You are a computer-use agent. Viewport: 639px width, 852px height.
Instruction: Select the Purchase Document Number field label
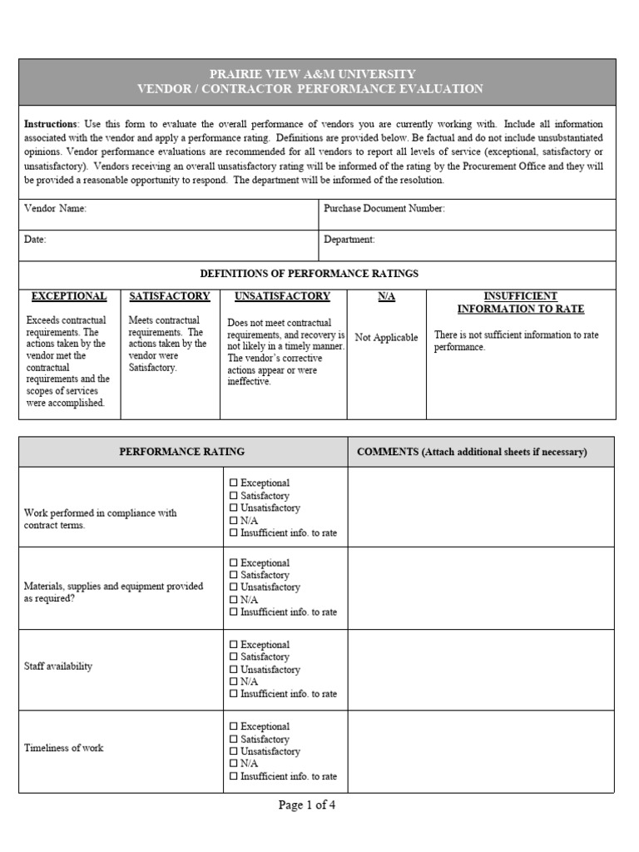tap(384, 209)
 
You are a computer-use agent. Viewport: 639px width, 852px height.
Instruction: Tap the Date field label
tap(36, 240)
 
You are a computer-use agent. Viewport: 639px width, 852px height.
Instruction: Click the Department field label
tap(349, 240)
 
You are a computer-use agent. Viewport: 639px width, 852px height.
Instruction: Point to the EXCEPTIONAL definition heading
tap(69, 296)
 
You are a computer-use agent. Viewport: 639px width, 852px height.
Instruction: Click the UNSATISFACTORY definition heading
tap(282, 296)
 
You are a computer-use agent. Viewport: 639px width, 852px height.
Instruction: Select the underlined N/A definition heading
tap(386, 296)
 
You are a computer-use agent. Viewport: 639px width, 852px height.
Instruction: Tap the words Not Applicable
tap(386, 338)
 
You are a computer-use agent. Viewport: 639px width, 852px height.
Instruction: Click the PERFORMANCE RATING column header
tap(182, 452)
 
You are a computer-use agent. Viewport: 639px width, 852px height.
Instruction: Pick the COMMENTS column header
tap(472, 452)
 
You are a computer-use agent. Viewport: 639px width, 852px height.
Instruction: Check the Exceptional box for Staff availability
tap(234, 645)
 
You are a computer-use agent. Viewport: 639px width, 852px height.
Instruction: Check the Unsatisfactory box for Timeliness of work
tap(234, 751)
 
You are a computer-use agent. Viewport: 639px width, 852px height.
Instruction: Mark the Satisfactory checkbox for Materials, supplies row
tap(234, 575)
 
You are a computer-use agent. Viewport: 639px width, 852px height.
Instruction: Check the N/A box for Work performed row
tap(234, 520)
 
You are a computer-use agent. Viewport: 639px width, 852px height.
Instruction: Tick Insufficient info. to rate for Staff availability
tap(234, 694)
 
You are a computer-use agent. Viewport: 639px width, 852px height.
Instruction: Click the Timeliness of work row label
tap(64, 748)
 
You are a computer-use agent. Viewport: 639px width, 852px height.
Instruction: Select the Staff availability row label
tap(59, 666)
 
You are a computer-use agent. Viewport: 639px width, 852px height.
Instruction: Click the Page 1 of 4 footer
tap(307, 805)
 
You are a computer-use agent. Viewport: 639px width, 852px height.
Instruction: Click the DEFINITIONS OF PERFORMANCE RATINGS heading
tap(310, 273)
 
